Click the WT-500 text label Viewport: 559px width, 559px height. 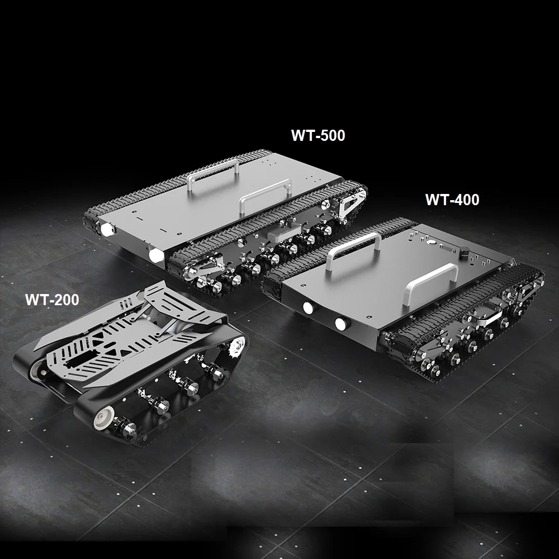point(318,135)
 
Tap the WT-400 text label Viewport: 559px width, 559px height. point(452,200)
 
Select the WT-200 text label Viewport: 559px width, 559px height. point(52,300)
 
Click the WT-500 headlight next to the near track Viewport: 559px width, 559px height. point(156,255)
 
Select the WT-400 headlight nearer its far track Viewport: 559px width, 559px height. point(309,307)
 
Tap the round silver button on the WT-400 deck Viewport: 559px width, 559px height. point(432,241)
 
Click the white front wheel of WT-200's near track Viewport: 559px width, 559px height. point(104,418)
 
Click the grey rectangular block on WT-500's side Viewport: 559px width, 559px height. point(284,234)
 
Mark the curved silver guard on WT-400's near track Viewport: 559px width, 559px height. point(489,315)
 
